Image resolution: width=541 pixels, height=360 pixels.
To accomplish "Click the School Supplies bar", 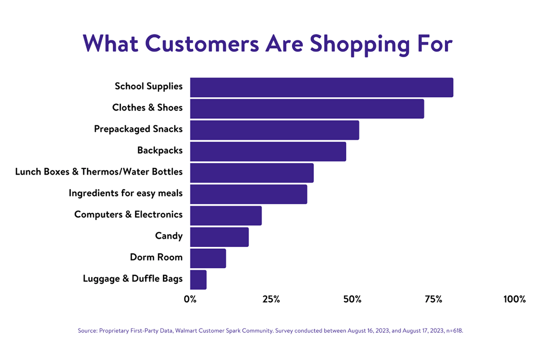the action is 322,87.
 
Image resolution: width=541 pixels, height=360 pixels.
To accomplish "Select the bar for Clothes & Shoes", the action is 307,109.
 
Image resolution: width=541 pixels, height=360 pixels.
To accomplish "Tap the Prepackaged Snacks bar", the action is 275,130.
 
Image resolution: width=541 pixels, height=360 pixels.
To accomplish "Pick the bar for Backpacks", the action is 268,151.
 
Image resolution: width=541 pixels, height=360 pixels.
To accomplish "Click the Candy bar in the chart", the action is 219,237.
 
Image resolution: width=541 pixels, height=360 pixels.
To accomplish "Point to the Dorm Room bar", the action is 208,258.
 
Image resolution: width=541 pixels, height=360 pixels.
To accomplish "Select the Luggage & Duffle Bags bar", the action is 199,280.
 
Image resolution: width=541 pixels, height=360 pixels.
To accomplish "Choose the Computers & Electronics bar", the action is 226,215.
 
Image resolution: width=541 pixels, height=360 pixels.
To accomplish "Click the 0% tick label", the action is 190,299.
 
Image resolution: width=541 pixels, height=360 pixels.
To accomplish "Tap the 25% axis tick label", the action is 271,299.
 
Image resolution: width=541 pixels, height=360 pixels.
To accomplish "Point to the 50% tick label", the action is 352,299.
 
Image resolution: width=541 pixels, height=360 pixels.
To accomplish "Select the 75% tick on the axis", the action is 433,299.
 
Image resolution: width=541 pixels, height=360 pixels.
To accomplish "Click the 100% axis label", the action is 515,299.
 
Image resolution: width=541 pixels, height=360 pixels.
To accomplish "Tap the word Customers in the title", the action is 201,44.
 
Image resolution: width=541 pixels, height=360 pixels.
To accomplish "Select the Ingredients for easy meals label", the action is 126,193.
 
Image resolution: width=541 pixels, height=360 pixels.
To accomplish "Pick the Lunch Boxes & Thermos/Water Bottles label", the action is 99,172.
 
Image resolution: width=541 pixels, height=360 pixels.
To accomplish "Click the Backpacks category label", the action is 160,150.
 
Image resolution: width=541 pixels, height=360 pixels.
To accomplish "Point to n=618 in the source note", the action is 454,331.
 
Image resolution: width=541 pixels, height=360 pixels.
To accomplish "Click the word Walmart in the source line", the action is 186,331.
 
